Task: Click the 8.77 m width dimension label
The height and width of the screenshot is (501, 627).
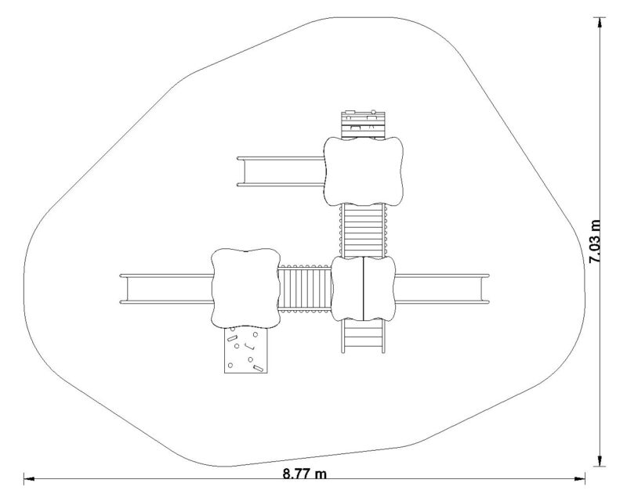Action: (x=304, y=474)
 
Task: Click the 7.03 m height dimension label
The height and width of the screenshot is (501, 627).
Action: (x=596, y=241)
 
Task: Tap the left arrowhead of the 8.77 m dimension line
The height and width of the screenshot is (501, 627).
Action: (x=30, y=478)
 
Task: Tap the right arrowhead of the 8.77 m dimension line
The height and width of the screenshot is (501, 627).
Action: (x=580, y=478)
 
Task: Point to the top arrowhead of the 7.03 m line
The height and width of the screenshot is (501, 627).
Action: (x=599, y=23)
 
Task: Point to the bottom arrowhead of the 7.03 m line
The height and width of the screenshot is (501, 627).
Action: (x=599, y=460)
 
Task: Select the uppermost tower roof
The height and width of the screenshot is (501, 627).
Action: (x=363, y=171)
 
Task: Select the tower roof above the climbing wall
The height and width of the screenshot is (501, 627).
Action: (x=245, y=288)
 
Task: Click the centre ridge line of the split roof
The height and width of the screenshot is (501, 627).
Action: (x=363, y=288)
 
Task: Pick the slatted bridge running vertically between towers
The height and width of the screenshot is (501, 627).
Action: (x=364, y=230)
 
